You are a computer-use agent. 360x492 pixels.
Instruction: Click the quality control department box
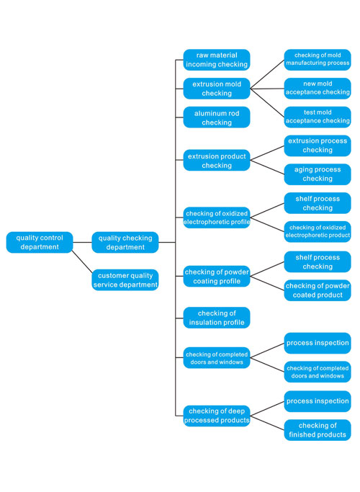click(40, 242)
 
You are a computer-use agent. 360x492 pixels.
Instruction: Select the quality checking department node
click(125, 242)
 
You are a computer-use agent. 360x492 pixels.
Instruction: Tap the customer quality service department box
click(125, 280)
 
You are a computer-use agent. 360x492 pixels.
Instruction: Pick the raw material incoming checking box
click(217, 60)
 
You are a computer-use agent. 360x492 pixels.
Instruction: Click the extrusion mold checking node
click(217, 89)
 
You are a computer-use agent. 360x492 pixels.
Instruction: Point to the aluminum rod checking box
click(217, 117)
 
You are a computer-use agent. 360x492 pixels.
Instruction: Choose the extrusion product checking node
click(217, 161)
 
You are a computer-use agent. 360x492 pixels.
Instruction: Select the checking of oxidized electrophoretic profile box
click(217, 218)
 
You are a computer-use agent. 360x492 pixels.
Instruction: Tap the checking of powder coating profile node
click(217, 276)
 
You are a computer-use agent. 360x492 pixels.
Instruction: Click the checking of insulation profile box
click(217, 318)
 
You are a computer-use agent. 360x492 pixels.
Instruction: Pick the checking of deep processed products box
click(217, 416)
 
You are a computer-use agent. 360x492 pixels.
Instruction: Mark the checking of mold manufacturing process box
click(318, 60)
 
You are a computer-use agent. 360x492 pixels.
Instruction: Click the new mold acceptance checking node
click(318, 89)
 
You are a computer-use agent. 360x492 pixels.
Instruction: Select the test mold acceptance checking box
click(318, 117)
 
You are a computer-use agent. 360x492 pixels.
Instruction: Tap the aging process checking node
click(318, 174)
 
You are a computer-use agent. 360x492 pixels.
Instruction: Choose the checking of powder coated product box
click(318, 290)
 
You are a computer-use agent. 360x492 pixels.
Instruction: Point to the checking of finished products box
click(318, 430)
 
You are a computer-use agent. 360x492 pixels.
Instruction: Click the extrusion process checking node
click(318, 146)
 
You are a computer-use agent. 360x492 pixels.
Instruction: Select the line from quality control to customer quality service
click(82, 261)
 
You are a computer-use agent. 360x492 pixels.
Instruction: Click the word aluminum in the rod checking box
click(206, 113)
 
